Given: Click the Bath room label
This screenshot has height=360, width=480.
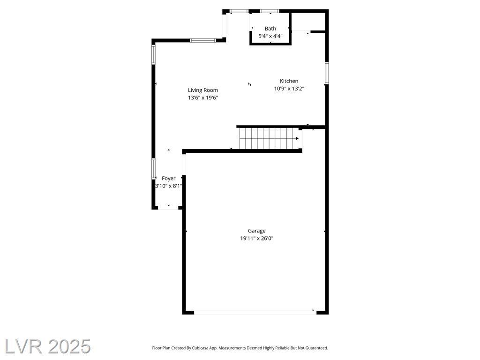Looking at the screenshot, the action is coord(270,29).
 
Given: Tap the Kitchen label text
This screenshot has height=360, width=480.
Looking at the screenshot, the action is coord(289,81).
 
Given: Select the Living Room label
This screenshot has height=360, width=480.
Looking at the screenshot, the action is coord(203,90).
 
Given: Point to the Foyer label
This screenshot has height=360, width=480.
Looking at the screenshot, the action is coord(169,178).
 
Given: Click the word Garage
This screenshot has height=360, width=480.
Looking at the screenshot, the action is coord(256,231).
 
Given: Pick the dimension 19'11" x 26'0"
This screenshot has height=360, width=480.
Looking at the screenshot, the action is coord(256,238).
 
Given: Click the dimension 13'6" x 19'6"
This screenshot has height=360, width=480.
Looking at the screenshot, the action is coord(203,97).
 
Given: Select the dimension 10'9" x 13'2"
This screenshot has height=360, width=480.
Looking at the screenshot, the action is coord(289,89).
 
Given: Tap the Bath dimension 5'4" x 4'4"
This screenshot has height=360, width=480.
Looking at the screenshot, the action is coord(270,36).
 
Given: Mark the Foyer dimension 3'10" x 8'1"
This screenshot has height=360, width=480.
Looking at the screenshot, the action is coord(169,186).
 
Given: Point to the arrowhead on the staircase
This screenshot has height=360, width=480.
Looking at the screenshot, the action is coord(297,138).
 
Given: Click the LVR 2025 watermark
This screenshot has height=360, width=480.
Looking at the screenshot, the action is coord(48,346).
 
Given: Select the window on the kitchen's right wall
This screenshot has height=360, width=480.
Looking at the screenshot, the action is coord(327,73).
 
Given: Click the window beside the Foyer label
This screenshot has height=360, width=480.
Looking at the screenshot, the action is coord(153,168).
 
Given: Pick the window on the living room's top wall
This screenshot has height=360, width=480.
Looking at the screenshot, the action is coord(202,40).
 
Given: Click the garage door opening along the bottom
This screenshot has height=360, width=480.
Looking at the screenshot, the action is coord(255,313).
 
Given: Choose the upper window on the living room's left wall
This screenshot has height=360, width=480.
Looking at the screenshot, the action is coord(153,54).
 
